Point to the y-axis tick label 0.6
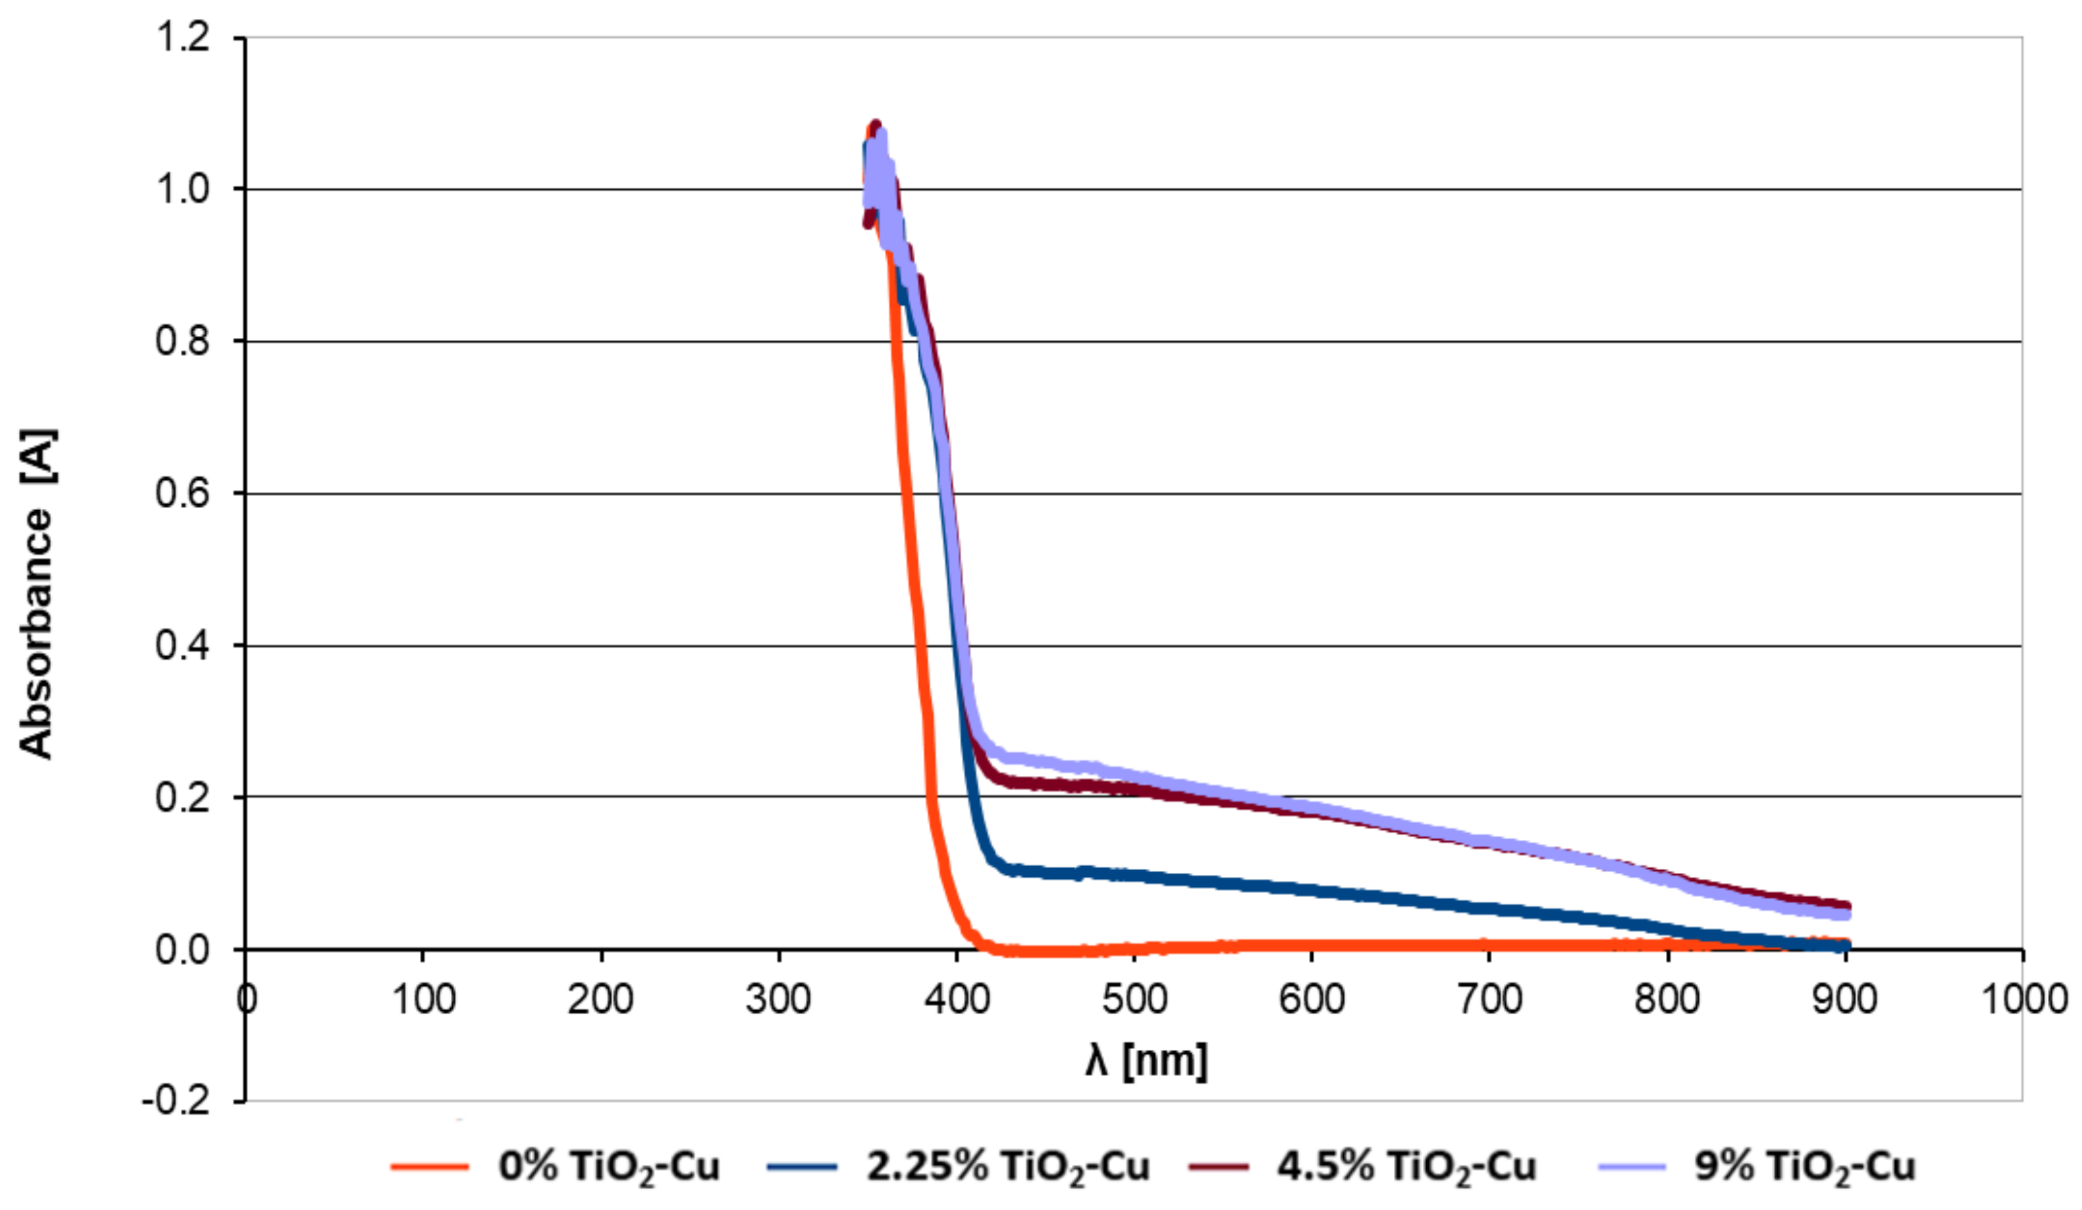(x=183, y=493)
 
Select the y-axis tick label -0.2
(x=176, y=1101)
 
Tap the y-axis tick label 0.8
(x=183, y=341)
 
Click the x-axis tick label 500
(x=1134, y=1000)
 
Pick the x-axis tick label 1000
(x=2024, y=1000)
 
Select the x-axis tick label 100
(x=423, y=1000)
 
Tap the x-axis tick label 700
(x=1490, y=1000)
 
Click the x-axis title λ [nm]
(x=1147, y=1060)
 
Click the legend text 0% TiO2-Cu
(x=610, y=1167)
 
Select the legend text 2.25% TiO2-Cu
(x=1008, y=1167)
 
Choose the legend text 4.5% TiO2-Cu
(x=1406, y=1167)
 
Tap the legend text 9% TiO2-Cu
(x=1805, y=1167)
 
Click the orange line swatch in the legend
(x=429, y=1167)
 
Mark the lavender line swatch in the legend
(x=1633, y=1167)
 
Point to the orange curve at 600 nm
(x=1312, y=944)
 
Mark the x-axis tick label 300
(x=778, y=1000)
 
